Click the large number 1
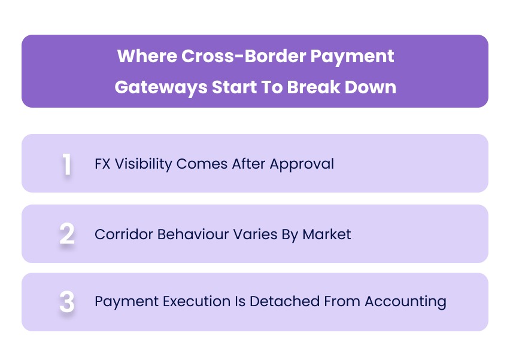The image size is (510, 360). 66,164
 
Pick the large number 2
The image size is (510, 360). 66,234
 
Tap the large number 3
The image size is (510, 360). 66,302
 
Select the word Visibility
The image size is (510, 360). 142,164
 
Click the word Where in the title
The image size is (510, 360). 141,57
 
